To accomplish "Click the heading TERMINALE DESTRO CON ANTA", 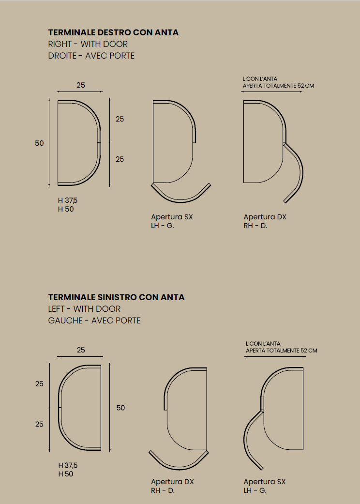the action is (113, 32).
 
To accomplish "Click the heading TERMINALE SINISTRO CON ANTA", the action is (116, 297).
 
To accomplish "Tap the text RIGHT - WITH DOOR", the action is (88, 44).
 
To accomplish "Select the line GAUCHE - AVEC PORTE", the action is (94, 321).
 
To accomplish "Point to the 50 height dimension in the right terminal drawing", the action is (39, 143).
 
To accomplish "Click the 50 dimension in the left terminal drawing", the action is (120, 408).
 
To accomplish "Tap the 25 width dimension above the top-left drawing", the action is (81, 85).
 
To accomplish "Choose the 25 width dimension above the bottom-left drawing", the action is (81, 350).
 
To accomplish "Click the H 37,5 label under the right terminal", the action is (68, 200).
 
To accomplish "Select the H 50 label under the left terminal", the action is (66, 474).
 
